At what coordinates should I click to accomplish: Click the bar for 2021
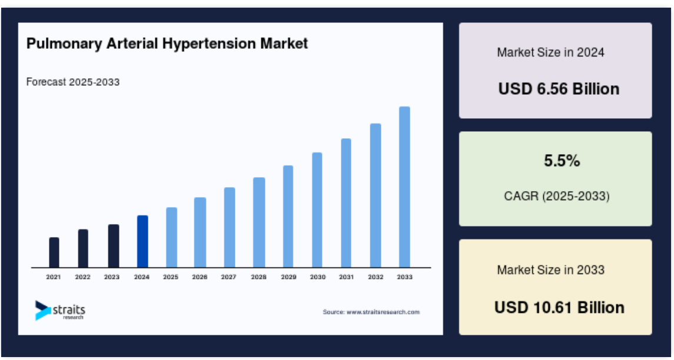(54, 252)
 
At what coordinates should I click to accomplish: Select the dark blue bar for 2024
(142, 241)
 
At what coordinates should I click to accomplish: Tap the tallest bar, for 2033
(404, 187)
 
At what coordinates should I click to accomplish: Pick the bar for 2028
(259, 222)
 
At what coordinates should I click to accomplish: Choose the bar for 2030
(317, 210)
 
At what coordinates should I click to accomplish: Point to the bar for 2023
(114, 246)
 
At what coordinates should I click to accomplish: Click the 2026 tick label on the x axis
(200, 277)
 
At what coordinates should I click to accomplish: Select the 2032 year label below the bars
(375, 277)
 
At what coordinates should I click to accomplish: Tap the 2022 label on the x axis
(82, 277)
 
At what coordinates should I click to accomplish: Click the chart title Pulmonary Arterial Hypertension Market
(167, 44)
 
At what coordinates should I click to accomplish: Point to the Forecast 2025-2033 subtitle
(73, 82)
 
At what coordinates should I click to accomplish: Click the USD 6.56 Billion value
(559, 89)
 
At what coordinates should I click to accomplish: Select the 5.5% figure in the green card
(562, 161)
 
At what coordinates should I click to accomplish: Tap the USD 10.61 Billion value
(559, 308)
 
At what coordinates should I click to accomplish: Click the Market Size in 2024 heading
(550, 52)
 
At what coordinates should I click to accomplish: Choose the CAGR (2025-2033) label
(557, 196)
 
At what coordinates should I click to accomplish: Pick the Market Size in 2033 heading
(550, 270)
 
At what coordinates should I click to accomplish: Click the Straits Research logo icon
(42, 310)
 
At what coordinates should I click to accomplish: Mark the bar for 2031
(346, 203)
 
